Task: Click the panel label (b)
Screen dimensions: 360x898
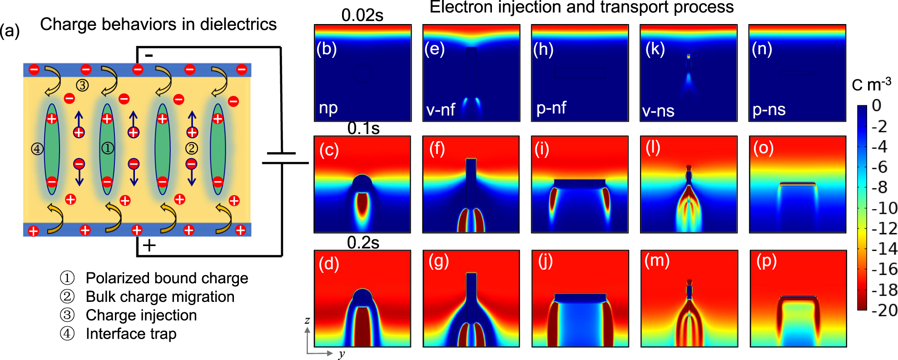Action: (327, 49)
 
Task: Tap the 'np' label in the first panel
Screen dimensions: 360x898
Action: (328, 108)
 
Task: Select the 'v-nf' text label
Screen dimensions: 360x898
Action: (441, 109)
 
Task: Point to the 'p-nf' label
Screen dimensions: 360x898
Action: (551, 108)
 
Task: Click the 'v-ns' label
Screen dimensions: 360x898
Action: (658, 110)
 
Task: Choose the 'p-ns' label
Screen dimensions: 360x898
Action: (769, 109)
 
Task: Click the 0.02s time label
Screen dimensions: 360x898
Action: (362, 15)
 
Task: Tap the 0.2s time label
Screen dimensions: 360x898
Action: (363, 242)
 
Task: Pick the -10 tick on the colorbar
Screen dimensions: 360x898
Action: (884, 208)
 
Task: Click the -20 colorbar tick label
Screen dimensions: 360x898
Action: (884, 310)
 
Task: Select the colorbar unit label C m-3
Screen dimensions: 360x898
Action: (871, 84)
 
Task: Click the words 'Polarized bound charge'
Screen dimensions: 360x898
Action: (167, 278)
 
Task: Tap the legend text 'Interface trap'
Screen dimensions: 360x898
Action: (131, 334)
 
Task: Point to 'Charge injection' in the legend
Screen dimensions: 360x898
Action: (141, 315)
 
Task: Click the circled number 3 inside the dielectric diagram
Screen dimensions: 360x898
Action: (82, 85)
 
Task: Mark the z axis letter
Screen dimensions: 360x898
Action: (308, 320)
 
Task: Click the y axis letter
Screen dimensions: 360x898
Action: (342, 354)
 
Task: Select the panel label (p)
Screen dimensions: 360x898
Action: (767, 261)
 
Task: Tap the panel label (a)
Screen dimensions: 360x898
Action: (10, 31)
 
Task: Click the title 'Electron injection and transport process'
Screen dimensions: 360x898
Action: (581, 7)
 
